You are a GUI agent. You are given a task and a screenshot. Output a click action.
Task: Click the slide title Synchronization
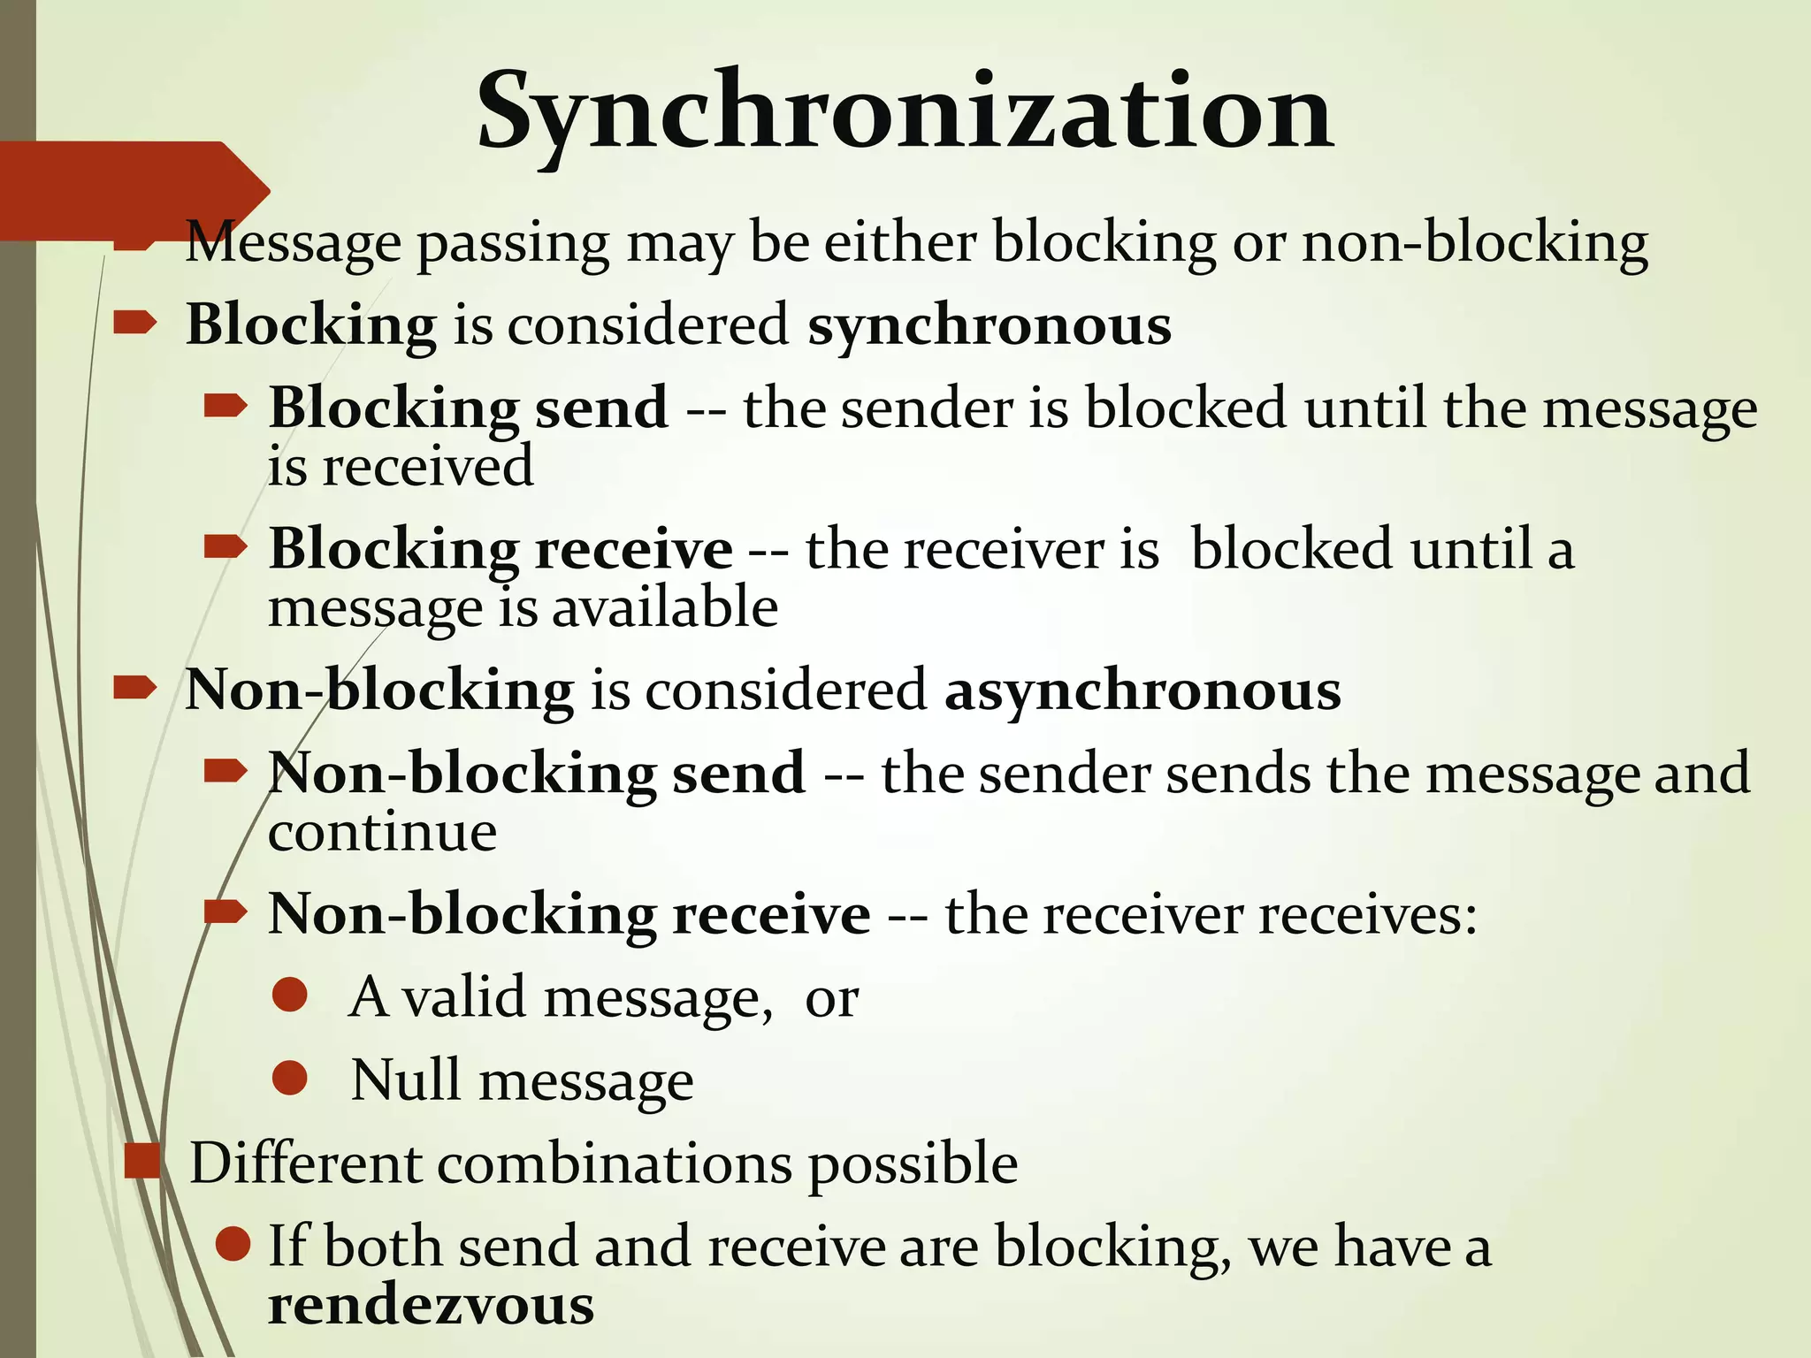point(905,113)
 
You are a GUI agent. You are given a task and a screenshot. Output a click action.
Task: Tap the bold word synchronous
point(990,324)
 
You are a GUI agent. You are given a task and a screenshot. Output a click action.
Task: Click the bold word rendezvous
point(431,1305)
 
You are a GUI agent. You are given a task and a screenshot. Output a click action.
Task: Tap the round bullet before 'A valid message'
point(290,995)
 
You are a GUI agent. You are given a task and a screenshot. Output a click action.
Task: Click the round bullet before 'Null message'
point(290,1078)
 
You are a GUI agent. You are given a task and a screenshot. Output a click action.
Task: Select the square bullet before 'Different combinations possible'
point(141,1161)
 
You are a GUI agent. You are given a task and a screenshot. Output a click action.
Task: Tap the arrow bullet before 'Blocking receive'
point(225,547)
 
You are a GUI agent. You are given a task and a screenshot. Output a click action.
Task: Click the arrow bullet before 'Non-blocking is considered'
point(135,688)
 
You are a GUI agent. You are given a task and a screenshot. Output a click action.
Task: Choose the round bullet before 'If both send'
point(233,1244)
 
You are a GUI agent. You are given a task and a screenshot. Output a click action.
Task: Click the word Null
point(407,1080)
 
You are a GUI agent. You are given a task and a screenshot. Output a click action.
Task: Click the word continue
point(382,832)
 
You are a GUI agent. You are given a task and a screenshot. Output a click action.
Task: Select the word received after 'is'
point(428,466)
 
